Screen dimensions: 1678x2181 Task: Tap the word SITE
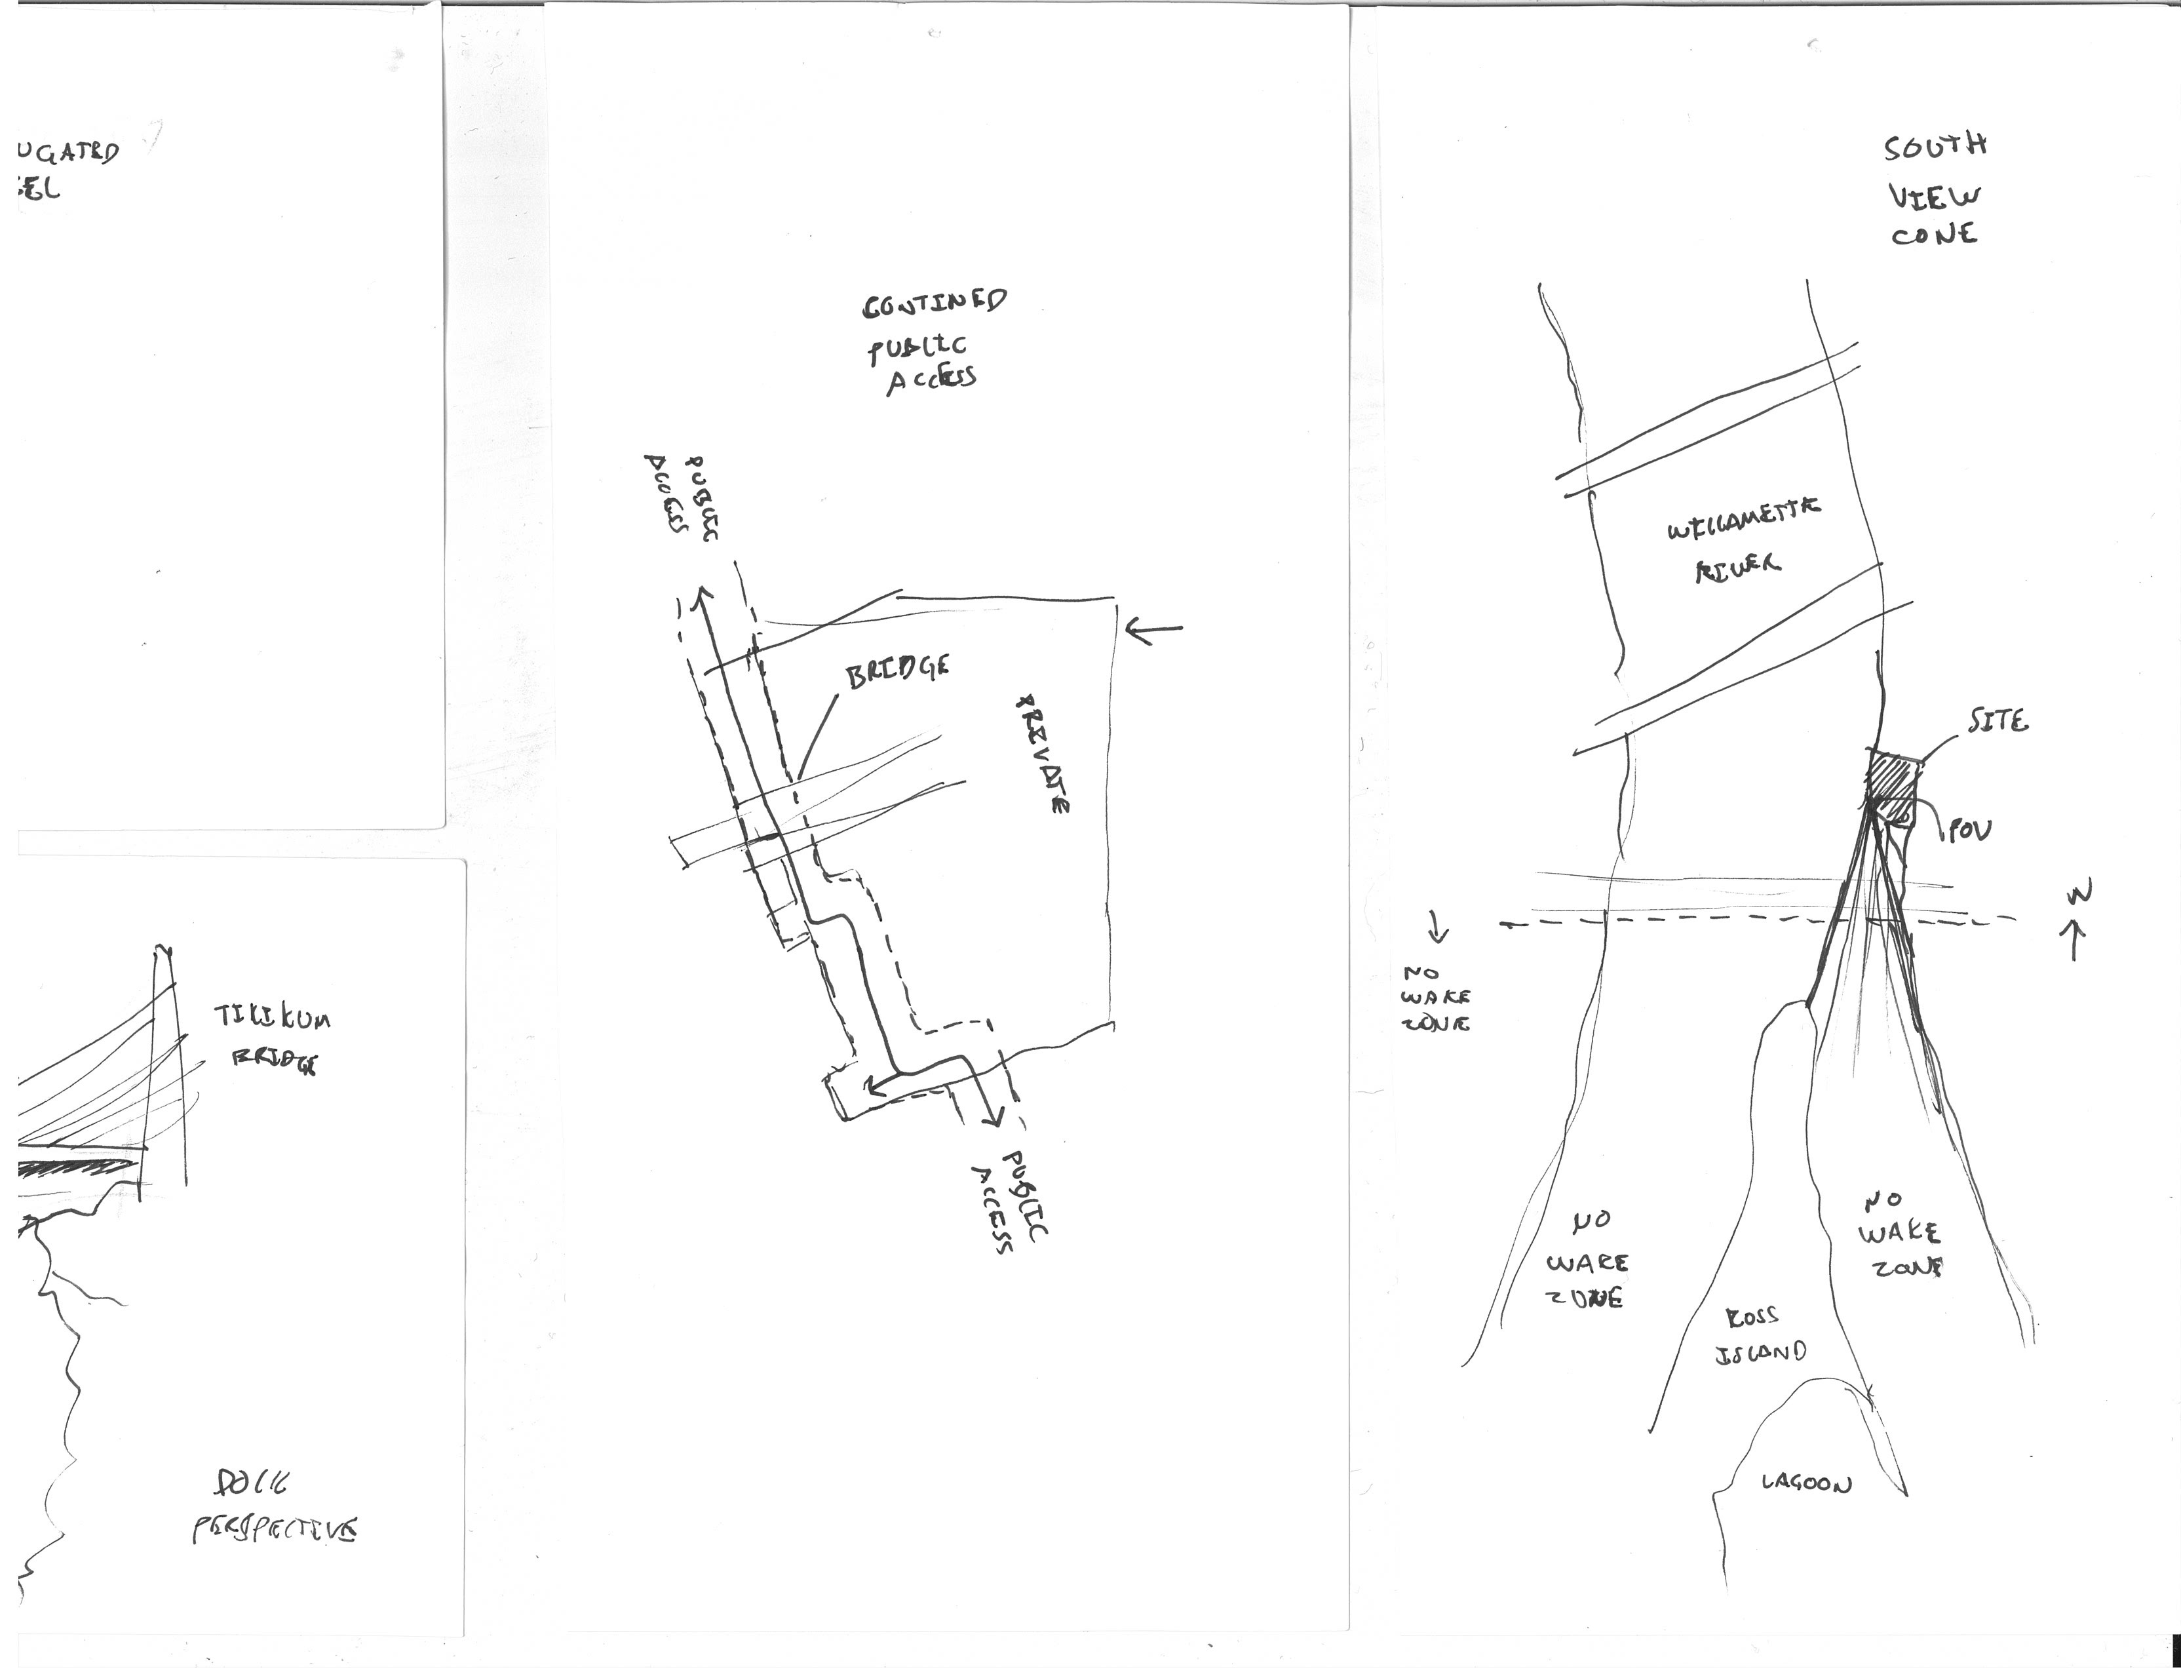click(1998, 720)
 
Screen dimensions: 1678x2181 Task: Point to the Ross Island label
click(1760, 1335)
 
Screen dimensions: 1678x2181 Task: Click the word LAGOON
click(1805, 1483)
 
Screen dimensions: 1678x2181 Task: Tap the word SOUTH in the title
click(1935, 147)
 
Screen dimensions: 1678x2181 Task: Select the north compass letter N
click(2078, 892)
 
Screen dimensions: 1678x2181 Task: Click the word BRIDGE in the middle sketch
click(897, 671)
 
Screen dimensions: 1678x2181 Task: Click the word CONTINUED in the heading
click(935, 302)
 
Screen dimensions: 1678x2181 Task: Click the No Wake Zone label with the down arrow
click(1435, 997)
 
